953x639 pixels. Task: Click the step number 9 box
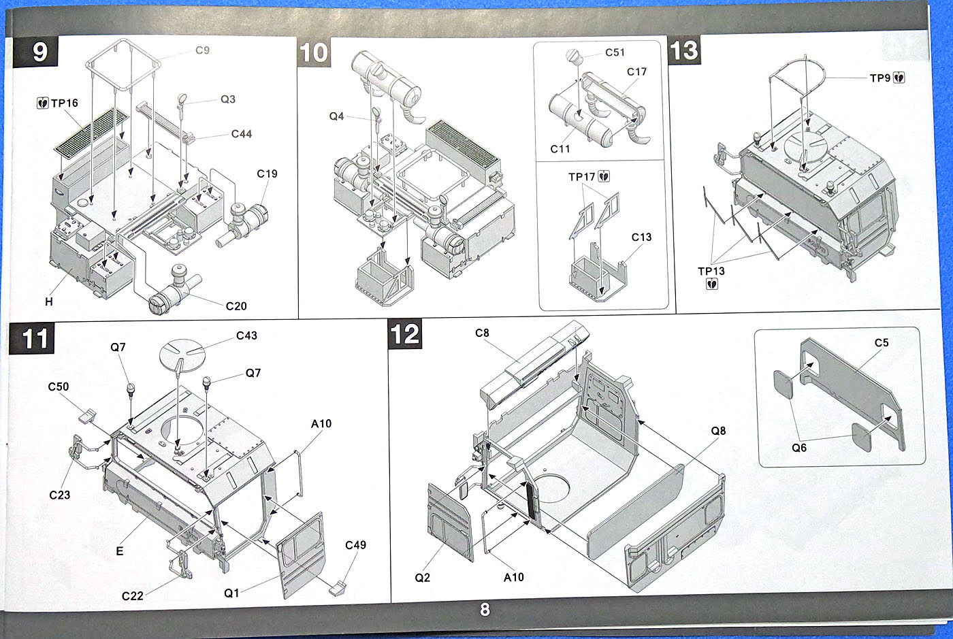point(39,52)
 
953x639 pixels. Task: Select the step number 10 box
point(314,52)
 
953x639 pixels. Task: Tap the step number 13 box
point(684,50)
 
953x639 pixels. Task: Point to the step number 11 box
point(35,338)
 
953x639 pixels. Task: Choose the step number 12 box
point(404,334)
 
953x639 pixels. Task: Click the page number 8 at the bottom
point(484,610)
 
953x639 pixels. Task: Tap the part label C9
point(202,50)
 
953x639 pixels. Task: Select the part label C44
point(241,134)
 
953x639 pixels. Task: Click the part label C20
point(236,306)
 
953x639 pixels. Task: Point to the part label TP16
point(64,103)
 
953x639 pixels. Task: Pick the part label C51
point(615,53)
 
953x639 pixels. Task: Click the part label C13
point(641,237)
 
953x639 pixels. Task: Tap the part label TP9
point(880,78)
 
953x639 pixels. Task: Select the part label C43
point(246,335)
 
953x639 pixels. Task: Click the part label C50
point(58,387)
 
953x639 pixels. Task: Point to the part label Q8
point(718,431)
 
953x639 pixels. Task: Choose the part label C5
point(882,343)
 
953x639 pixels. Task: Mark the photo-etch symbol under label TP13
point(711,284)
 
